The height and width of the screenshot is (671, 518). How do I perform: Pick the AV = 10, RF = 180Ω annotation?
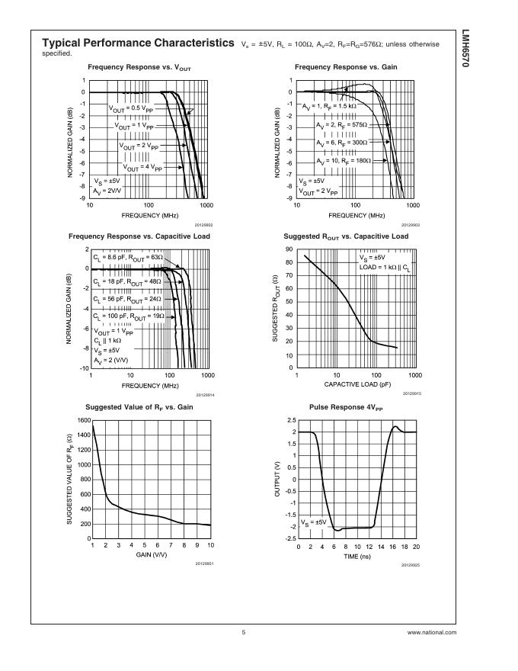coord(344,161)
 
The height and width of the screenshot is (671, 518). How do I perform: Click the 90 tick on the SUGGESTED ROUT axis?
coord(290,249)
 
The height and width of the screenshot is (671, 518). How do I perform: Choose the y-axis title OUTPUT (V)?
coord(277,480)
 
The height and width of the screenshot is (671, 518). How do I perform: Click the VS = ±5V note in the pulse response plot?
coord(314,522)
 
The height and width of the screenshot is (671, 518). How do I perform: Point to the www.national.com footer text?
coord(432,632)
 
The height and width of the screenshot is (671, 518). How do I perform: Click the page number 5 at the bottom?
coord(244,632)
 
